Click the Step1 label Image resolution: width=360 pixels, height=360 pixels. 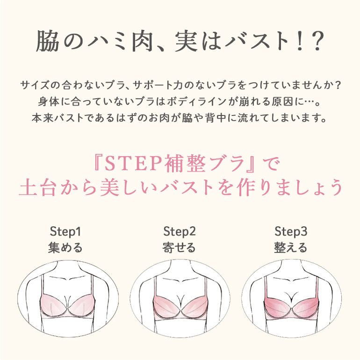tap(65, 231)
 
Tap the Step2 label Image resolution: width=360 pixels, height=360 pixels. tap(180, 231)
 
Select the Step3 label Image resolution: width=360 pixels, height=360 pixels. tap(291, 231)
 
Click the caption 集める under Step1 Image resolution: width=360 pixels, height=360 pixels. tap(65, 248)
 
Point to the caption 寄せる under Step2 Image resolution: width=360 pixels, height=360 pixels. tap(179, 248)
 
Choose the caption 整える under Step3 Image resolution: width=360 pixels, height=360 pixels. tap(291, 248)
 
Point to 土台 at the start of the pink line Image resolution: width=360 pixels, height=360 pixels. tap(38, 187)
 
